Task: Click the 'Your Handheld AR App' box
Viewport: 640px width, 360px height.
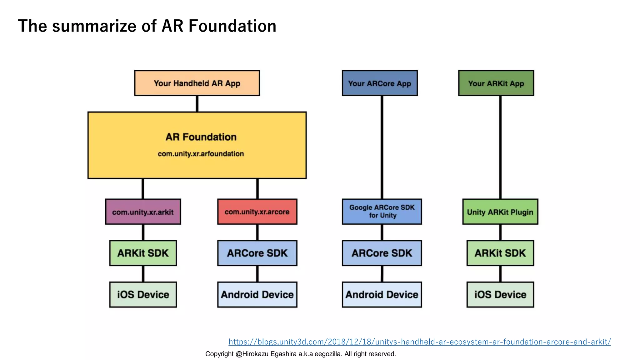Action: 197,83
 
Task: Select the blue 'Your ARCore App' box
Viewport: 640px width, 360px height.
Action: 380,83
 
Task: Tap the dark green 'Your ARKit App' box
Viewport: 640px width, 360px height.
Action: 496,83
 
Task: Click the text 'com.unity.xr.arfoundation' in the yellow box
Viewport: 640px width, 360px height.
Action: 201,154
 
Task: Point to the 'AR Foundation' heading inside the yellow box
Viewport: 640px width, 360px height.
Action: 201,137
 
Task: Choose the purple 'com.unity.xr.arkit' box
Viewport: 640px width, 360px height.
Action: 143,212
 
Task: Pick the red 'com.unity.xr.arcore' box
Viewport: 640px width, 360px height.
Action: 257,212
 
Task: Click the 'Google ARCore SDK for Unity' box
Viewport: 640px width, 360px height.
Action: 382,212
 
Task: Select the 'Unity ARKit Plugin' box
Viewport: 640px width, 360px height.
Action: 500,212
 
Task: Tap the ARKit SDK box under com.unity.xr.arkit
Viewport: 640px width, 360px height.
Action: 143,253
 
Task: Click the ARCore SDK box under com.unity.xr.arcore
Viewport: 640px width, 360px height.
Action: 257,253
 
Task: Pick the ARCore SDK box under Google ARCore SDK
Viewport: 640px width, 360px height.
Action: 382,253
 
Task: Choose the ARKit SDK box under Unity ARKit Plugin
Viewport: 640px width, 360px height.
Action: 500,253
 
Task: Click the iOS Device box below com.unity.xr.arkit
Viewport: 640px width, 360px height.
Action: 143,295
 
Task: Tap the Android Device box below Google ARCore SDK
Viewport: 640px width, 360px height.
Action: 382,295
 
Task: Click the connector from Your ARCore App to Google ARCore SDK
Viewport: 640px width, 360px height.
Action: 382,147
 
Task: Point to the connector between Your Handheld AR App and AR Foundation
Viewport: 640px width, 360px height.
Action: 197,104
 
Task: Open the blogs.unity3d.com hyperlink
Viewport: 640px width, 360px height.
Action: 419,342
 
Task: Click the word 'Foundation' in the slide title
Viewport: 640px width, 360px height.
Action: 232,26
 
